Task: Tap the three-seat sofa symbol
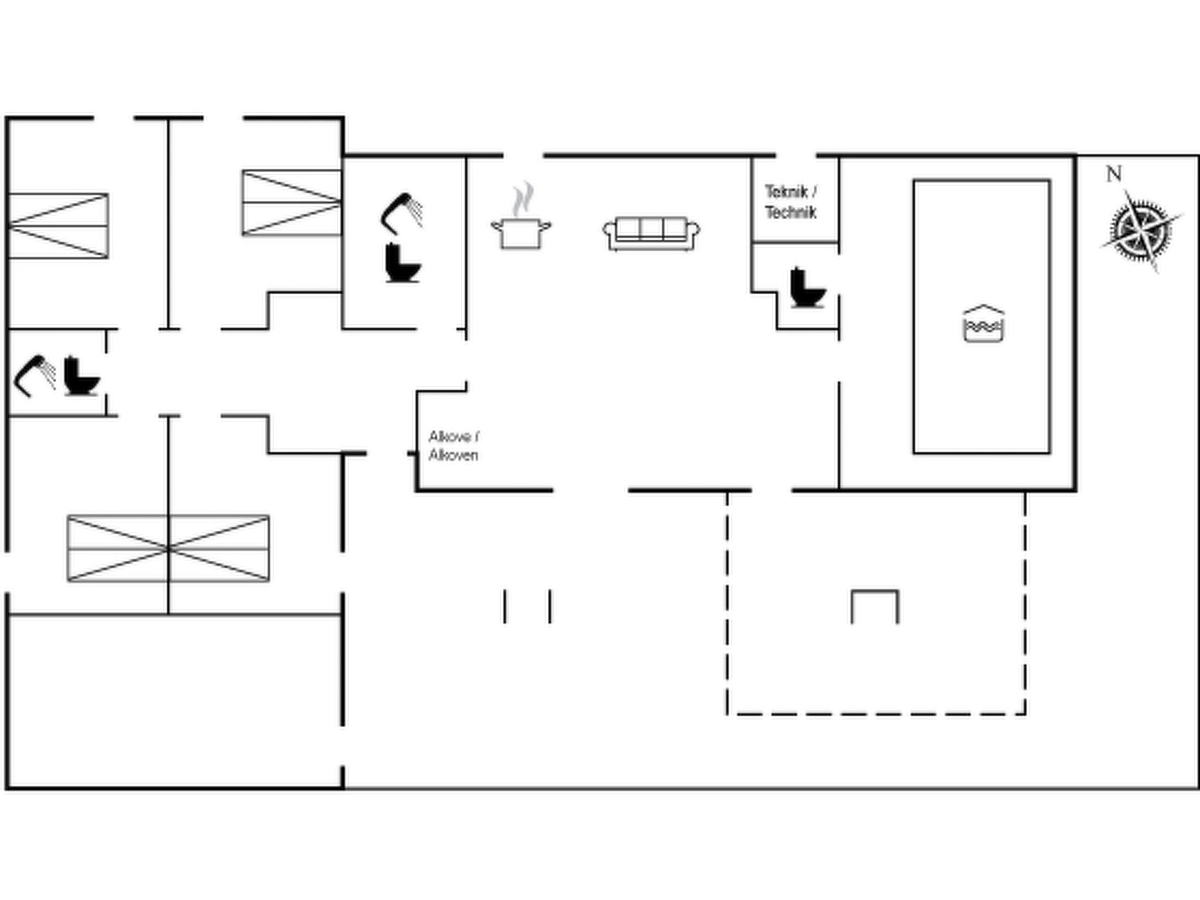(x=652, y=234)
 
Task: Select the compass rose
(x=1140, y=230)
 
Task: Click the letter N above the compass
(x=1114, y=174)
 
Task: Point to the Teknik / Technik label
(x=791, y=202)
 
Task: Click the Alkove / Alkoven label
(x=454, y=446)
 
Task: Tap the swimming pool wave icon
(x=984, y=323)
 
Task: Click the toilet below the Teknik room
(x=807, y=287)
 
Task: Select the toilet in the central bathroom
(x=403, y=263)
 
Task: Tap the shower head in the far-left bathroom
(x=35, y=376)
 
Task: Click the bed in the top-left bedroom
(x=58, y=226)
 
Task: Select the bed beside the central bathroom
(x=292, y=203)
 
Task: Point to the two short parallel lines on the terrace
(x=527, y=606)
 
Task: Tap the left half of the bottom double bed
(x=118, y=548)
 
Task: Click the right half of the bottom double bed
(x=219, y=548)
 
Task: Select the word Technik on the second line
(x=791, y=212)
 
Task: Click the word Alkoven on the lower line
(x=453, y=455)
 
